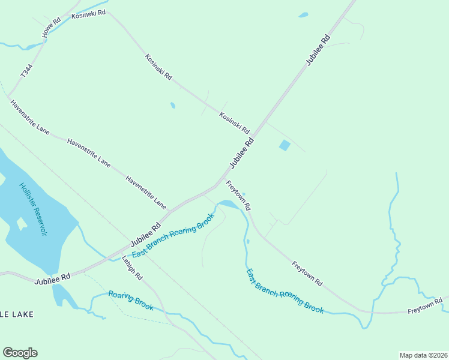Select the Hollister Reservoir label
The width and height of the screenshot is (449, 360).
(x=33, y=209)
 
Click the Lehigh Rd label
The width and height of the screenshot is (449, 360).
(x=132, y=268)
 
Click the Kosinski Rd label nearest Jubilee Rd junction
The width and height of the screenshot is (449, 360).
(x=234, y=122)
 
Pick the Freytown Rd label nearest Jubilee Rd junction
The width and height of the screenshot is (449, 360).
(x=238, y=194)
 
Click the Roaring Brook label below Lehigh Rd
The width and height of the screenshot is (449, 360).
(x=131, y=301)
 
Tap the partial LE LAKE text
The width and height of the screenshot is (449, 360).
(x=17, y=314)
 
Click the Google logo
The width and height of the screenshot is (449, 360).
(x=20, y=353)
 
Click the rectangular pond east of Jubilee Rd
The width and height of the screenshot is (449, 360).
(x=285, y=145)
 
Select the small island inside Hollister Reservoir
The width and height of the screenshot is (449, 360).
(x=22, y=224)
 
